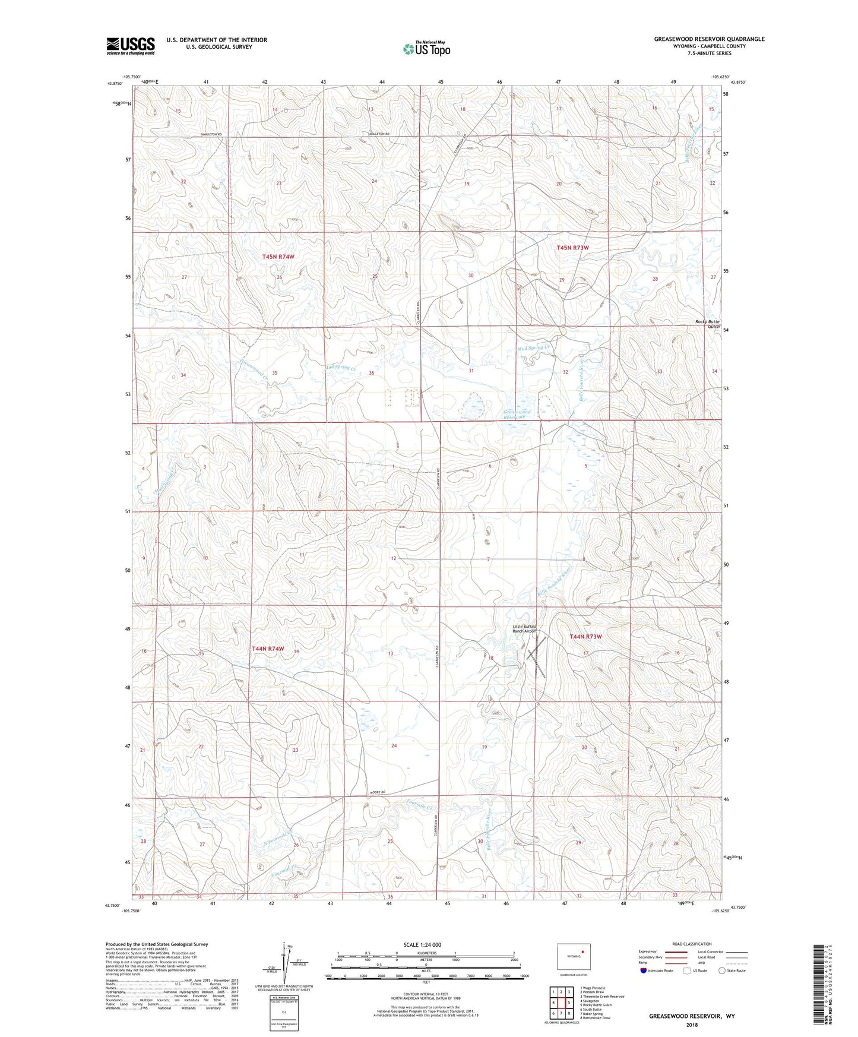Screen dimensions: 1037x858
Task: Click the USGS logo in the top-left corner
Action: coord(131,45)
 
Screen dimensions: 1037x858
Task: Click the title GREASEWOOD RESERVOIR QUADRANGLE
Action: coord(709,39)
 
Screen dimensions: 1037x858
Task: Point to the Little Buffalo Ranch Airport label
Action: coord(524,629)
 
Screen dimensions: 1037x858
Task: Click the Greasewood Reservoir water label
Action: coord(517,414)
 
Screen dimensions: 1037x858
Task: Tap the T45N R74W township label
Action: coord(278,257)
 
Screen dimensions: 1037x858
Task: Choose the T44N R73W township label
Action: coord(585,636)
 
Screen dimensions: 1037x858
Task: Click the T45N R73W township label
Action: coord(572,248)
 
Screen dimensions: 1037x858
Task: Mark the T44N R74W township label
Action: coord(268,649)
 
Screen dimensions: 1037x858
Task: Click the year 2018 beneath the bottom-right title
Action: coord(692,1024)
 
